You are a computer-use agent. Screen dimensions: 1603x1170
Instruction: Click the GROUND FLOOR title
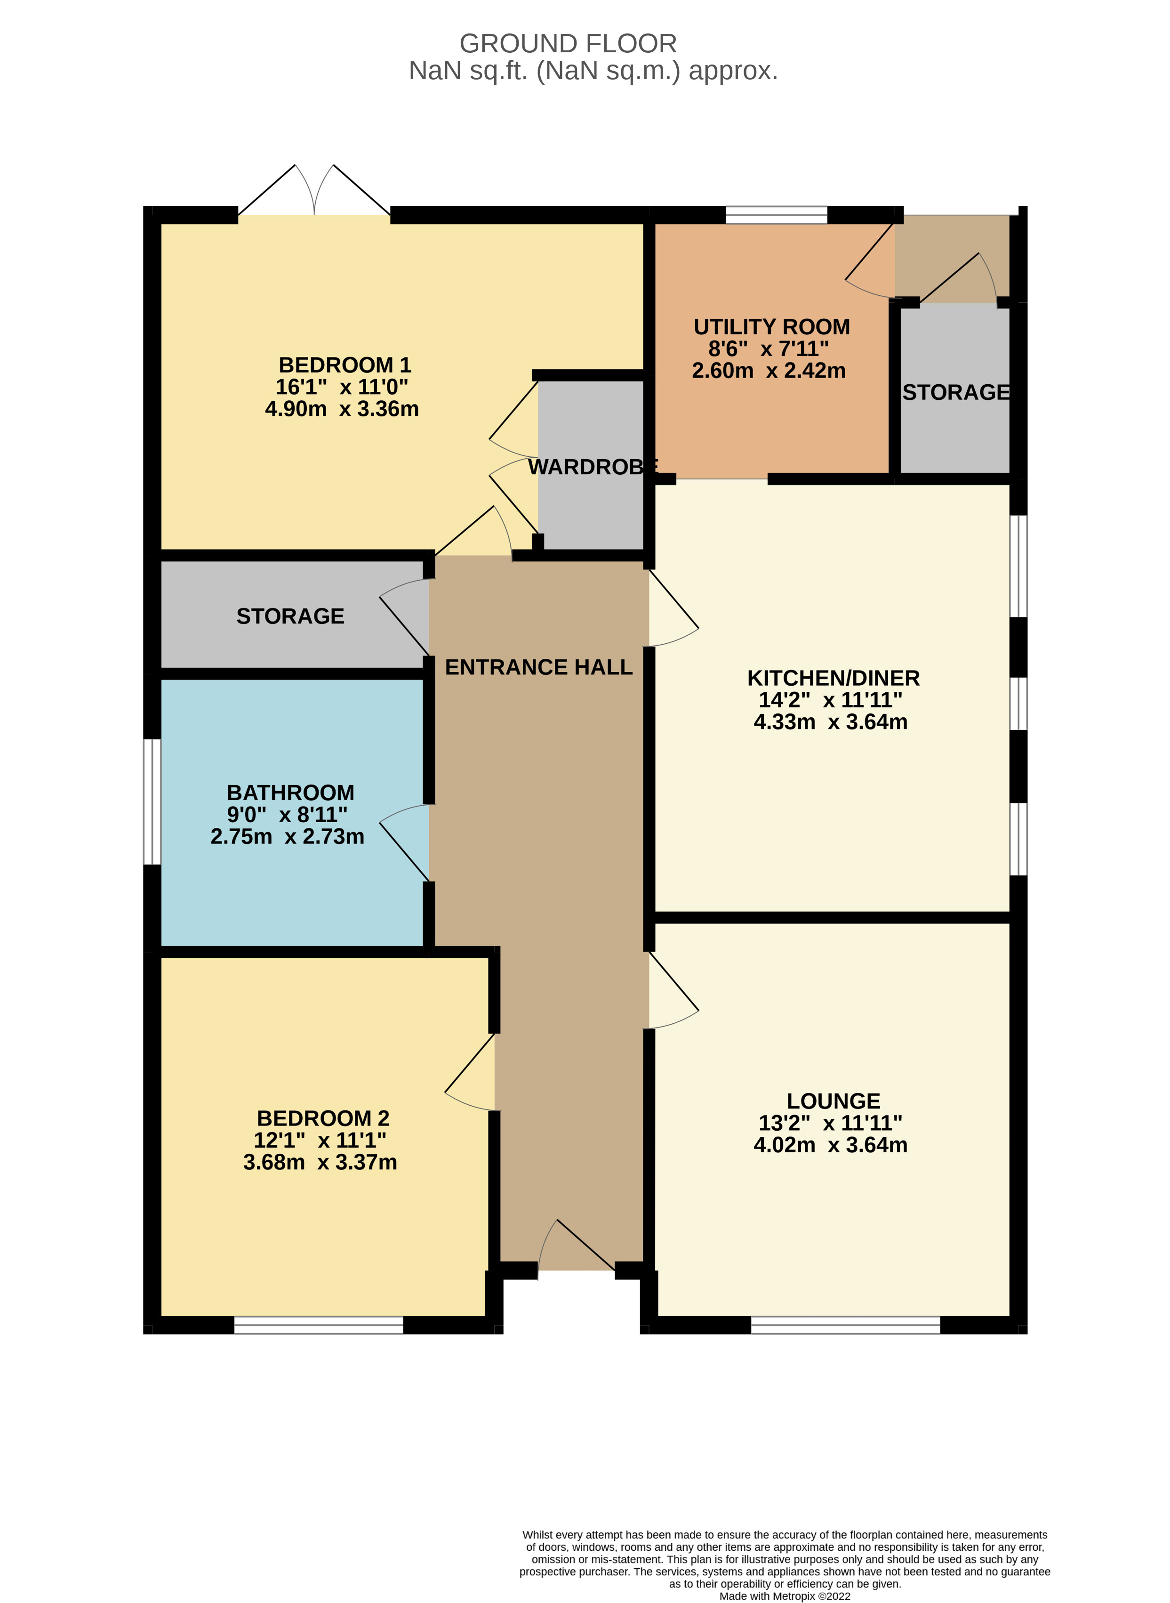click(568, 44)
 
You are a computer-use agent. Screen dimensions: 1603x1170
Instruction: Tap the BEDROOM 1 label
click(345, 365)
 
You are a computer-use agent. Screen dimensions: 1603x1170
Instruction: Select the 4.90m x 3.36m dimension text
click(342, 409)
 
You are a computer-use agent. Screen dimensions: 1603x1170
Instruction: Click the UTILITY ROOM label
click(771, 327)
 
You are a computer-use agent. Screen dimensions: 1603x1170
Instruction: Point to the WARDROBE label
click(593, 467)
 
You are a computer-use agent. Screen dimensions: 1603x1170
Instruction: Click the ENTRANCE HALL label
click(538, 667)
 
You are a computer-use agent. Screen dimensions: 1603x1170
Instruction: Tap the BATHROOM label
click(290, 792)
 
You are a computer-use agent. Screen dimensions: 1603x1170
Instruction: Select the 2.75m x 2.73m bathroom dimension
click(288, 836)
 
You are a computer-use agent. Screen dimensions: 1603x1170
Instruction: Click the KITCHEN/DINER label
click(833, 678)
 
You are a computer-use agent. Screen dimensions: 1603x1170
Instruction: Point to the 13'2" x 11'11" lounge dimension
click(830, 1123)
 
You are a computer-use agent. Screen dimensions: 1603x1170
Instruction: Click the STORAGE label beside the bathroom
click(290, 616)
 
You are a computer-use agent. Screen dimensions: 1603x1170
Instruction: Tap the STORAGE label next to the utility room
click(955, 392)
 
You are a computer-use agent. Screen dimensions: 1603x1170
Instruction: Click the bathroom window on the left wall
click(152, 801)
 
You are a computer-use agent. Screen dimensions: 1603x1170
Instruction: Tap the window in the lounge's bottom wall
click(846, 1325)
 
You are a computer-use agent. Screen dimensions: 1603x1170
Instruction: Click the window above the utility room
click(776, 215)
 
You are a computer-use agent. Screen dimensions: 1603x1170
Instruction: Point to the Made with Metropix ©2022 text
click(785, 1596)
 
